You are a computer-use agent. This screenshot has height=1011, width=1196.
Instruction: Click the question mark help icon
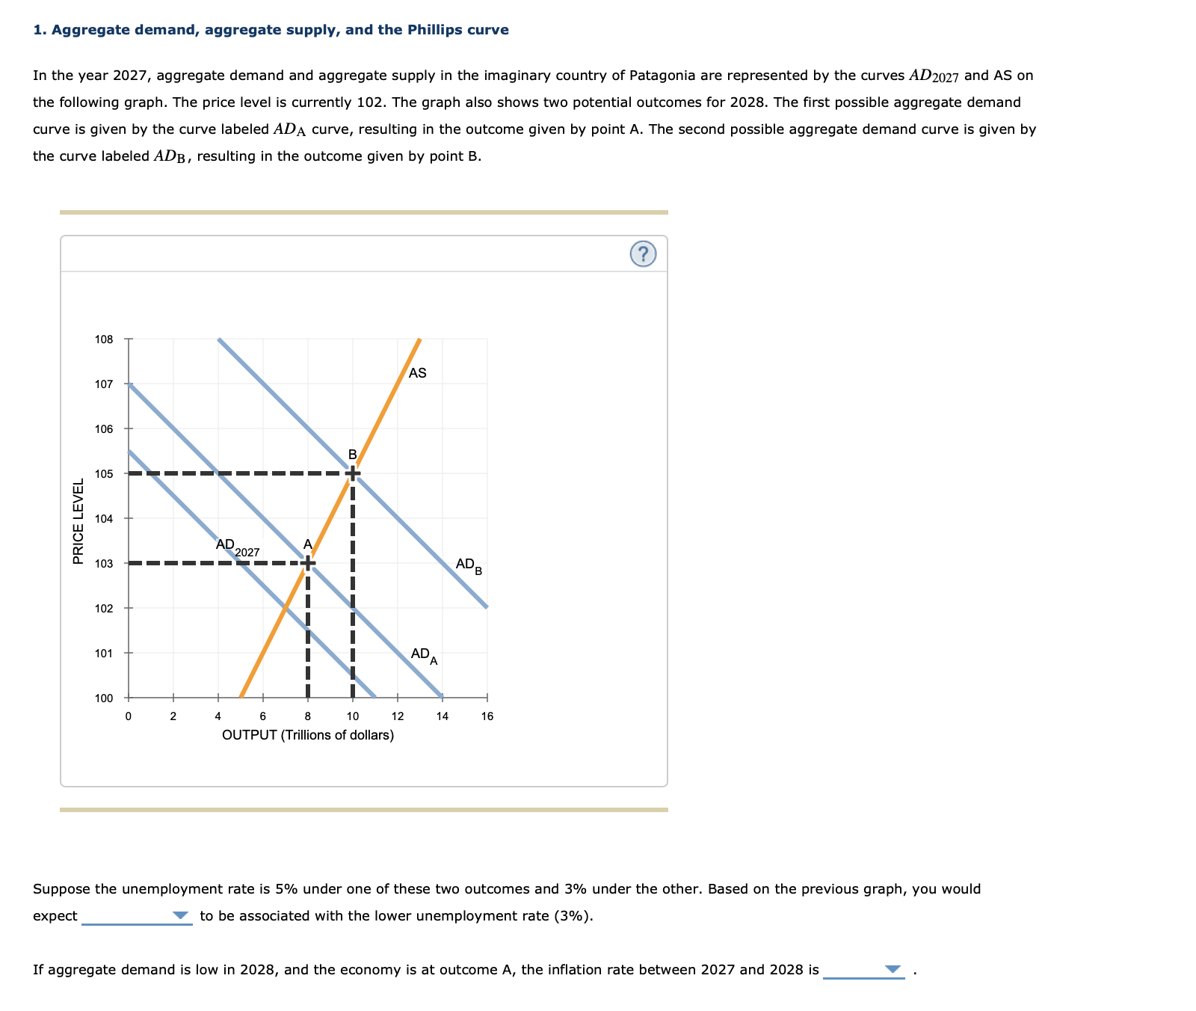(x=643, y=254)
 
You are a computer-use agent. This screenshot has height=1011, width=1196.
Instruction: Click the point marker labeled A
(x=307, y=562)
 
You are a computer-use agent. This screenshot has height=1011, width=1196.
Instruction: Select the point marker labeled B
(x=352, y=473)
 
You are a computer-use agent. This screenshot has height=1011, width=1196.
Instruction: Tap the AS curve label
(x=418, y=372)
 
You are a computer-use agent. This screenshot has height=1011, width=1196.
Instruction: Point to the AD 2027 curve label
(x=237, y=547)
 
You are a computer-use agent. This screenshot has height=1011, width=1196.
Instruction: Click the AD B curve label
(x=469, y=565)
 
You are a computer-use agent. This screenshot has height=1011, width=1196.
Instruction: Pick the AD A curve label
(x=424, y=656)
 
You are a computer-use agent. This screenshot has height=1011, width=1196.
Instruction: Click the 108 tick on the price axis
(x=104, y=339)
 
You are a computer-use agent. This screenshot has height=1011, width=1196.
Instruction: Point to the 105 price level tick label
(x=104, y=473)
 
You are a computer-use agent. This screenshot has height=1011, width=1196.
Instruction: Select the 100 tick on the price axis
(x=104, y=698)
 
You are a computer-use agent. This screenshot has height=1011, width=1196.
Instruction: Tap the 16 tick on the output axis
(x=487, y=716)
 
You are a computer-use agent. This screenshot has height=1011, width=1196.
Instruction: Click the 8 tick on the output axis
(x=307, y=716)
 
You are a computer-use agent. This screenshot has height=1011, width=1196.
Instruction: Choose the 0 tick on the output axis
(x=128, y=716)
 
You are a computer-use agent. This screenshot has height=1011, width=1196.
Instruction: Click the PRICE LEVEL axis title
(x=78, y=520)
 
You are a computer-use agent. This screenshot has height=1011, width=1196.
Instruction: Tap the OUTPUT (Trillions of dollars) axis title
(x=308, y=735)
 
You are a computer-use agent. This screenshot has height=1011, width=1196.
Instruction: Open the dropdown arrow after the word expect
(x=180, y=915)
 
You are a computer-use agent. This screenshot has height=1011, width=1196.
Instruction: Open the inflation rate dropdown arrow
(x=893, y=969)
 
